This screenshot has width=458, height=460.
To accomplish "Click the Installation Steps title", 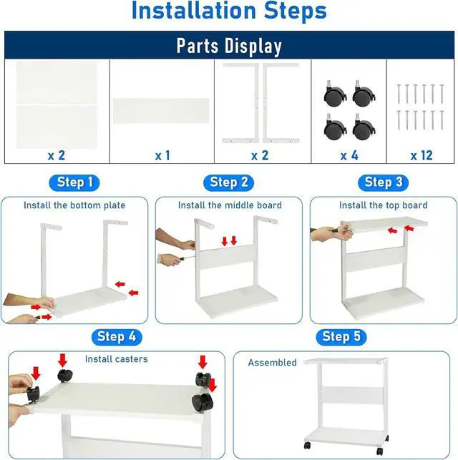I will coord(229,12).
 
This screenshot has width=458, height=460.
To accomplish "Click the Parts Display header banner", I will coord(229,46).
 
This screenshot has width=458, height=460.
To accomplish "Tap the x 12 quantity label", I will coord(421,155).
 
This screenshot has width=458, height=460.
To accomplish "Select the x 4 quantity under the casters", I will coord(349,155).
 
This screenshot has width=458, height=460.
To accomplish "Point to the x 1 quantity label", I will coord(162,155).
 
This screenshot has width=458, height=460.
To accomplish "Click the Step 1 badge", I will coord(74,182).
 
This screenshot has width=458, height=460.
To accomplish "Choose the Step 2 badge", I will coord(229,182).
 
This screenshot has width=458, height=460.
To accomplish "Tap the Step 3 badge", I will coord(383,182).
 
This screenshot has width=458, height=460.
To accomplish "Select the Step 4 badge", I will coord(115,336).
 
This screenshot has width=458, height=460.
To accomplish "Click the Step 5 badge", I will coord(341,336).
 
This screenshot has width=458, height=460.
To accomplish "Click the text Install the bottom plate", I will coord(74,205).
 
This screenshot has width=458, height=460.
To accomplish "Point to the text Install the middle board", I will coord(230,205).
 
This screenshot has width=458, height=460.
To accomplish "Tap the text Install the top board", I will coord(383,205).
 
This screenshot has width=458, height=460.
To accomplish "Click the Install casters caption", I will coord(116,358).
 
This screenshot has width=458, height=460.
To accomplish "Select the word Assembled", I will coord(272,363).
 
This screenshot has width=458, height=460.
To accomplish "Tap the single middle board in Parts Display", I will coord(162,111).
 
